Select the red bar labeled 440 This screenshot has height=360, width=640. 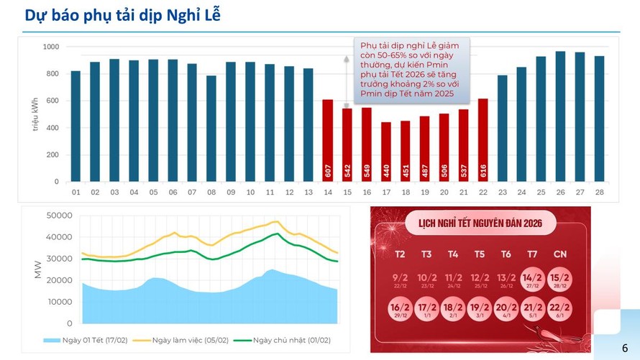pos(386,152)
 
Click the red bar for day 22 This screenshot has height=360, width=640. pos(483,139)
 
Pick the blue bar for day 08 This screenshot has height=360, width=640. pos(211,129)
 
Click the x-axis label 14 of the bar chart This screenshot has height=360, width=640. pos(327,193)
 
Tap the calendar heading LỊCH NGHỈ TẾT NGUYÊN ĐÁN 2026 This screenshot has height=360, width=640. pos(480,223)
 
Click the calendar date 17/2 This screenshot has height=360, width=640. pos(426,310)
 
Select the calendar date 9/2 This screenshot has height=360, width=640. pos(399,279)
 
